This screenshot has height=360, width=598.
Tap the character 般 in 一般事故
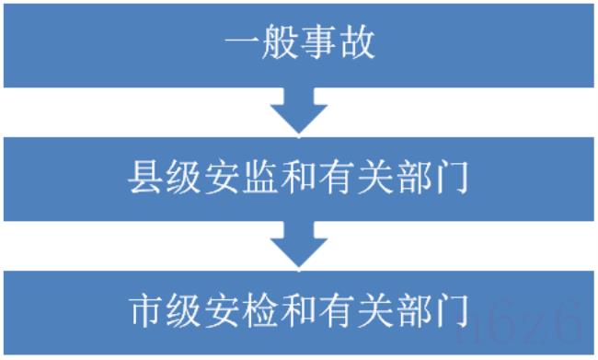[279, 43]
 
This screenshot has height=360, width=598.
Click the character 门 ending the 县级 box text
[452, 178]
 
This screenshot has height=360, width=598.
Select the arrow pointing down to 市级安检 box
[298, 245]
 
